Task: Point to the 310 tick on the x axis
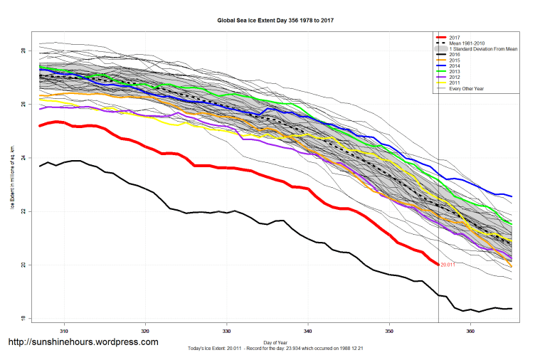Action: click(x=64, y=331)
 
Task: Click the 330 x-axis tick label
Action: click(x=226, y=331)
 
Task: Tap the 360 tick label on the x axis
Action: click(x=470, y=331)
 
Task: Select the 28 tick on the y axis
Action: click(x=23, y=51)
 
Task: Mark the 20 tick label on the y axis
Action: click(x=23, y=265)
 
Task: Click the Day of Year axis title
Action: click(x=275, y=342)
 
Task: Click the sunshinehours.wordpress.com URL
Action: click(x=83, y=342)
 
